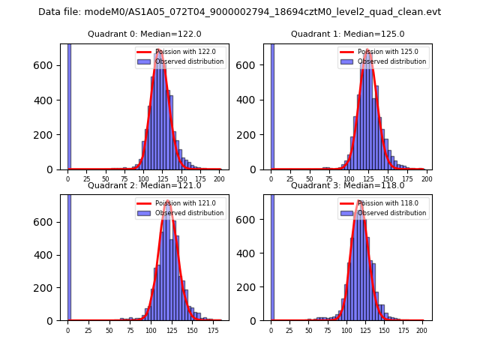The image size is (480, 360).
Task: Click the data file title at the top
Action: [239, 12]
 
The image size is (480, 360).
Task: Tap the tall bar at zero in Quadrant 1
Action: [272, 105]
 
